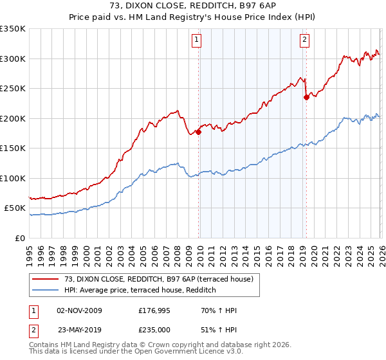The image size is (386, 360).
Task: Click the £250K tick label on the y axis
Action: pyautogui.click(x=13, y=89)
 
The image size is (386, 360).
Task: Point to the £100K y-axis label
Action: pyautogui.click(x=13, y=178)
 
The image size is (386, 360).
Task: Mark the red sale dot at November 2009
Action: pyautogui.click(x=198, y=132)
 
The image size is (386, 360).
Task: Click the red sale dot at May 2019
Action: pyautogui.click(x=306, y=98)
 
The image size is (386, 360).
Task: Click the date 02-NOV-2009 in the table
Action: pyautogui.click(x=80, y=310)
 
